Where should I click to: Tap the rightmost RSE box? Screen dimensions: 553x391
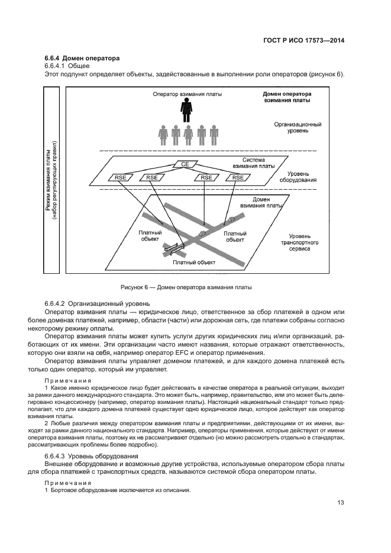coord(238,177)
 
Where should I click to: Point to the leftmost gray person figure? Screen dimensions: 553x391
coord(163,135)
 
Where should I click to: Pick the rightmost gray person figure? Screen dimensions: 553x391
coord(214,135)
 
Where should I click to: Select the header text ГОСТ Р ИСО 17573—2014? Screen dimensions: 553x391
coord(302,41)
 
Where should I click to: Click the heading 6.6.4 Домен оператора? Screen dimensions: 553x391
coord(82,58)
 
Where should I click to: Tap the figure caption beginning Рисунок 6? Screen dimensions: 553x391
coord(186,288)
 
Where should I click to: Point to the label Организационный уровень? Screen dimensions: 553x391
coord(298,128)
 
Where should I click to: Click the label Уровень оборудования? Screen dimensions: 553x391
coord(298,176)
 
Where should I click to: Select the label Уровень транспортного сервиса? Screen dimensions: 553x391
coord(299,242)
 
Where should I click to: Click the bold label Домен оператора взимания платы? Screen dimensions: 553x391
coord(287,98)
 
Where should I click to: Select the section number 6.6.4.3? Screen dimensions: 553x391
coord(57,456)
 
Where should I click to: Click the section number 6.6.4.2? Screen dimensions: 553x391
coord(57,302)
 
